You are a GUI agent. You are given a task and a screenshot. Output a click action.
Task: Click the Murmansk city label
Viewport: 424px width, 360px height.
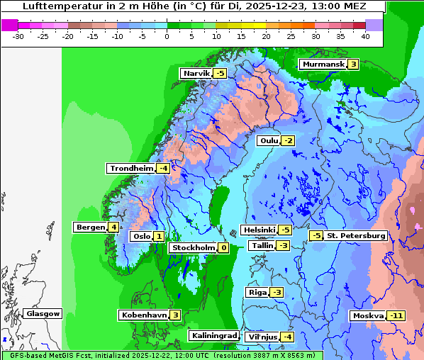323,64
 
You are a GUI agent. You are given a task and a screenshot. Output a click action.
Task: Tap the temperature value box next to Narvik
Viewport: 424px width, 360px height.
221,74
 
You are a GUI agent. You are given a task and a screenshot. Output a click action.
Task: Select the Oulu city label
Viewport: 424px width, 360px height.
269,141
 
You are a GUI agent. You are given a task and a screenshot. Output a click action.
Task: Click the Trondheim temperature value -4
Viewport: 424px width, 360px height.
163,169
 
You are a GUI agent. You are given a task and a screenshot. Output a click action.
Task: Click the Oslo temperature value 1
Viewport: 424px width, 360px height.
159,237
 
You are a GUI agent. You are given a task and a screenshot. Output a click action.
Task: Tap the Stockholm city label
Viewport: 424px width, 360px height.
193,248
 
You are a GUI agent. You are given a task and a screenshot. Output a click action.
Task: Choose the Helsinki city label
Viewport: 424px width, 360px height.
258,230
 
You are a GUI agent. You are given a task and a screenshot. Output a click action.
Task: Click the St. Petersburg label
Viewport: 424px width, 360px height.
355,236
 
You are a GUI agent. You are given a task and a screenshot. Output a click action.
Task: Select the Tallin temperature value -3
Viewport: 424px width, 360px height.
283,246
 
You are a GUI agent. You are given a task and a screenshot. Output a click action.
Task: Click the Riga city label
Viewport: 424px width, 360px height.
257,293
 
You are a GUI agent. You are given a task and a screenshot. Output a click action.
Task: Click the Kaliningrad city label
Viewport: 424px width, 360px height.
213,336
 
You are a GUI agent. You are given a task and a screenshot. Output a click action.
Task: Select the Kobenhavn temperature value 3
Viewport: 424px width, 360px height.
175,315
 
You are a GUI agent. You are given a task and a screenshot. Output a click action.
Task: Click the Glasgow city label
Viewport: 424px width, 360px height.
43,314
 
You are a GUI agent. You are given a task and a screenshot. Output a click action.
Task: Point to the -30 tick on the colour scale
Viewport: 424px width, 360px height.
18,35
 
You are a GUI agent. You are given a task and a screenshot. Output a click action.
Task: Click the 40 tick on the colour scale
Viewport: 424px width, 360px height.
364,35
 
